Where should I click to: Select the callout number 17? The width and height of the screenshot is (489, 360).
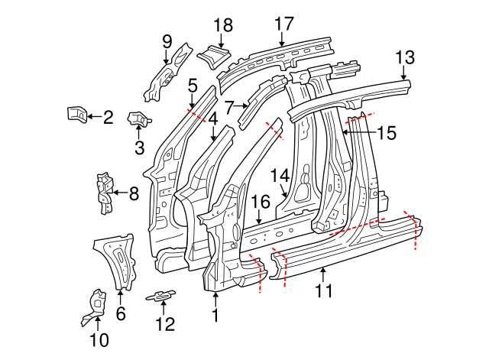283,23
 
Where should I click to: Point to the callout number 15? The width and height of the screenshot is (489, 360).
387,133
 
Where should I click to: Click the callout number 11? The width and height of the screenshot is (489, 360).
324,290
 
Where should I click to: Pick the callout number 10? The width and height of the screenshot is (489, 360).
99,339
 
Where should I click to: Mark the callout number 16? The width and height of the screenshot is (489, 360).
261,202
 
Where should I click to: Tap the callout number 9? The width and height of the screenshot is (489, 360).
167,40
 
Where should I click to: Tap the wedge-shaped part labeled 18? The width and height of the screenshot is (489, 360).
213,56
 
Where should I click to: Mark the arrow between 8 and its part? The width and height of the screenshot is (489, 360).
118,194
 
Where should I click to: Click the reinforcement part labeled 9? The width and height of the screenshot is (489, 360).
167,73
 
